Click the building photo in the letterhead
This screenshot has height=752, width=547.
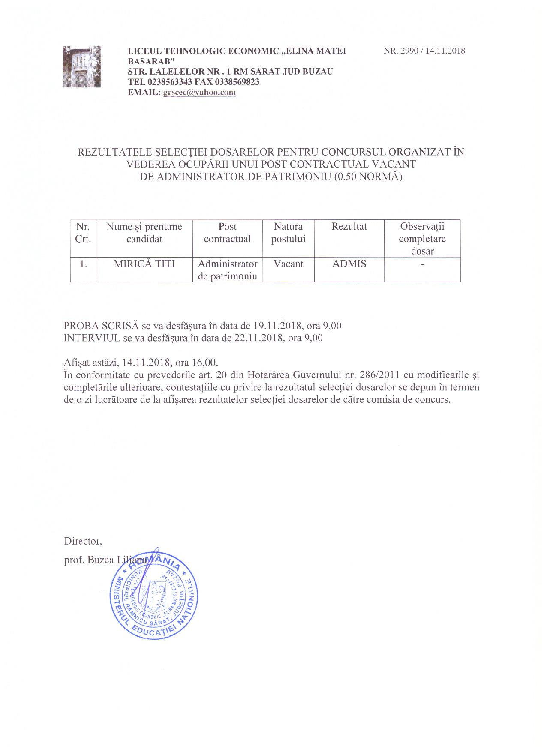tap(82, 66)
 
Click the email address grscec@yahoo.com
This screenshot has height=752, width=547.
tap(199, 92)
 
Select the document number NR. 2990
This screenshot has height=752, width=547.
tap(402, 51)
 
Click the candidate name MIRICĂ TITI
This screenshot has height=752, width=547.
tap(144, 264)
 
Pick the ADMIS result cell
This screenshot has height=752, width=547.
tap(349, 264)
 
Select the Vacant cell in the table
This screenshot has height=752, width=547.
tap(288, 264)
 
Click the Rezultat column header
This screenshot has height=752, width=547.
tap(349, 227)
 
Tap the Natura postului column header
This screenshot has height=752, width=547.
tap(288, 233)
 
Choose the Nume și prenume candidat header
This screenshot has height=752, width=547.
tap(144, 233)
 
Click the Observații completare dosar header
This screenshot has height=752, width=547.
tap(422, 239)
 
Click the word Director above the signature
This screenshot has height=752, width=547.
tap(83, 541)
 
